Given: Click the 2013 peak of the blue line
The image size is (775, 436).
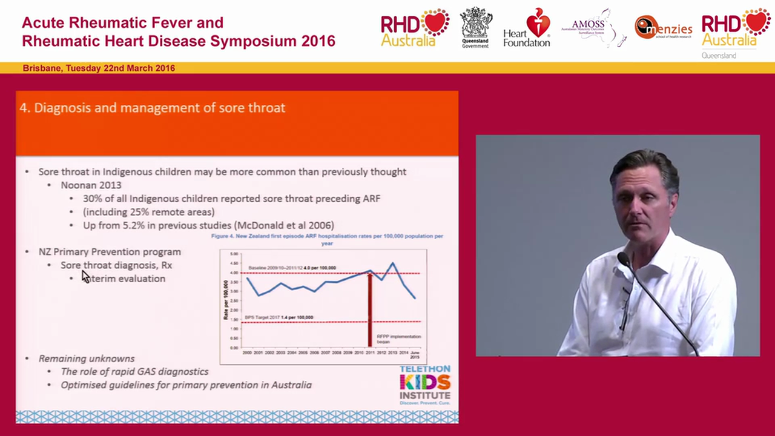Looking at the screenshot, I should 393,263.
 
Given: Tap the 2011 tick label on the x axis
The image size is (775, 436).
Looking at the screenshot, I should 370,352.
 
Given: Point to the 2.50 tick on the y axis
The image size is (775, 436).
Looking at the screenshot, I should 234,300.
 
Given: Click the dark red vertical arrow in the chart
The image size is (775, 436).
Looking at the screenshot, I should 370,309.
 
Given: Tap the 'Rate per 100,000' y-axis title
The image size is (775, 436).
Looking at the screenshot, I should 225,300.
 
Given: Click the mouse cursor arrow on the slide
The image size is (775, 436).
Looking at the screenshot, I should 85,277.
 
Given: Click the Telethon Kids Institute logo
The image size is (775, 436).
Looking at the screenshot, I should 424,385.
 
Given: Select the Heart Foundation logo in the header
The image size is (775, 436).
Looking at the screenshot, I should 527,28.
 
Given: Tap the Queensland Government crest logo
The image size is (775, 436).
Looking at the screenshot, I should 476,27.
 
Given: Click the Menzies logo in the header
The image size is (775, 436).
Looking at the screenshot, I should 663,28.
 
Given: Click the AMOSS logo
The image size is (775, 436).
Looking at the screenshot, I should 592,27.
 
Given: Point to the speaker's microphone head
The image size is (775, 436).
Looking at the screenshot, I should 623,260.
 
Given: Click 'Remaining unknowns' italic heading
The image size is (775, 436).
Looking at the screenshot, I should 87,358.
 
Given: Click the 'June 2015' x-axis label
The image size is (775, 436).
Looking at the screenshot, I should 414,354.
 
